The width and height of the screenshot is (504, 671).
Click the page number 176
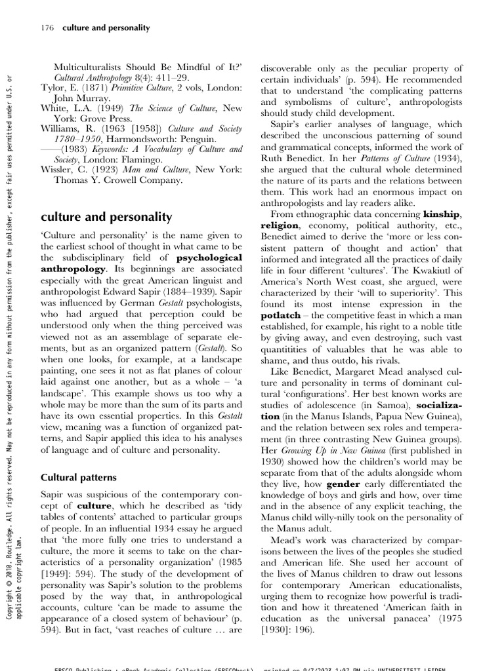(47, 28)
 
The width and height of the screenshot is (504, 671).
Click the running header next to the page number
(106, 28)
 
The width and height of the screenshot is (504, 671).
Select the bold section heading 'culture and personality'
(106, 216)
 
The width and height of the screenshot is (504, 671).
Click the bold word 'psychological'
(209, 258)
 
